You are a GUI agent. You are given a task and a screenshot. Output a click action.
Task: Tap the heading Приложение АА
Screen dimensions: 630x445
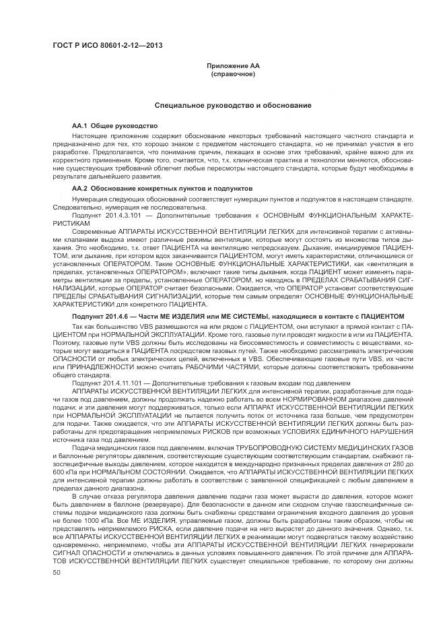click(232, 65)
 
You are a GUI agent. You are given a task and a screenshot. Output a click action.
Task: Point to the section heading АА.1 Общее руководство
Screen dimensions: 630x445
click(114, 126)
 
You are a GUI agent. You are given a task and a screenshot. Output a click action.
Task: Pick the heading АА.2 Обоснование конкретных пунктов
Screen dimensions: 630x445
click(162, 189)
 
